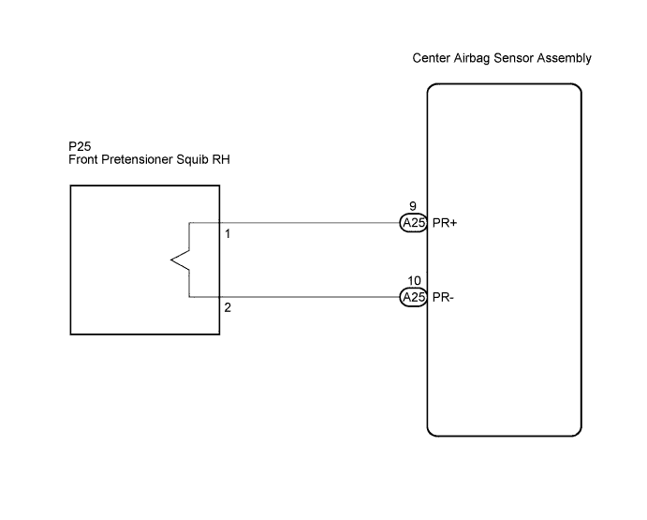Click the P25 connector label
point(80,146)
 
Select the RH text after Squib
point(221,159)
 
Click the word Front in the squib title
point(83,159)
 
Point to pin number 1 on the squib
point(228,234)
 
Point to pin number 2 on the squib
point(228,307)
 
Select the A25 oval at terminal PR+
point(414,223)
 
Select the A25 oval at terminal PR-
point(414,297)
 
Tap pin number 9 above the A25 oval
point(413,206)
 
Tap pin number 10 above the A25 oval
point(414,281)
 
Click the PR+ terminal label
point(445,223)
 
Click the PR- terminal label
point(443,297)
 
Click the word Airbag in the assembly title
point(472,58)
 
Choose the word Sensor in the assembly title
point(513,58)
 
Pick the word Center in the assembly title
point(431,58)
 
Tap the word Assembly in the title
point(564,58)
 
